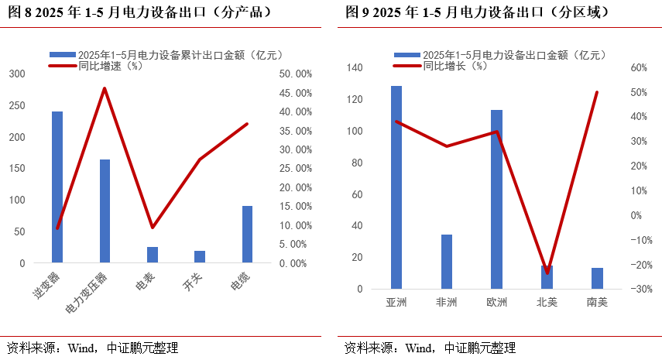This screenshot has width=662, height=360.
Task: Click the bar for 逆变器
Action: (57, 187)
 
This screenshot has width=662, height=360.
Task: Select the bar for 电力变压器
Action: (105, 211)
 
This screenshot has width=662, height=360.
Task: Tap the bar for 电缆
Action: (248, 235)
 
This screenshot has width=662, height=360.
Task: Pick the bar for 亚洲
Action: (396, 187)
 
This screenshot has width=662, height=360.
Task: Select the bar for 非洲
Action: (447, 262)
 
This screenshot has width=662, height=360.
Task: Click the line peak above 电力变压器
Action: (105, 88)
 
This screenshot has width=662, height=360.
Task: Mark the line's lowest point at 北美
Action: (547, 273)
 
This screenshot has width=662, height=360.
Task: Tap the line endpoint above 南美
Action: (597, 92)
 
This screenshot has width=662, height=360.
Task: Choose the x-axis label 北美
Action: (547, 302)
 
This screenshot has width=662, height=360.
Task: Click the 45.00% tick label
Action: (294, 93)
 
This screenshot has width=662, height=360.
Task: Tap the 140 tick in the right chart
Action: (355, 68)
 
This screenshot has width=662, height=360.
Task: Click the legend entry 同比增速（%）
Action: (110, 66)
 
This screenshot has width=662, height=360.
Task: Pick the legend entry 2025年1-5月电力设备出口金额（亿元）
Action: (513, 55)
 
